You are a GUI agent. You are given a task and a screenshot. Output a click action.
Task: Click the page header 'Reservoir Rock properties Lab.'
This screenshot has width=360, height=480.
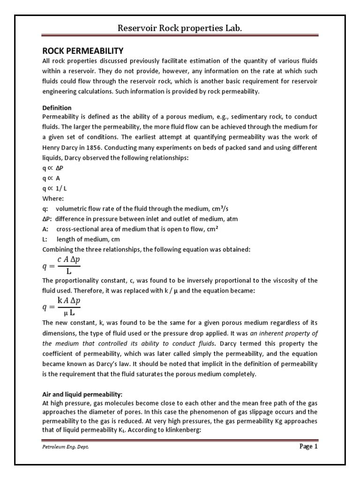pyautogui.click(x=180, y=29)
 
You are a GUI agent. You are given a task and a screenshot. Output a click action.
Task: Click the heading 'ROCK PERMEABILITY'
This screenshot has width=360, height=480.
pyautogui.click(x=83, y=51)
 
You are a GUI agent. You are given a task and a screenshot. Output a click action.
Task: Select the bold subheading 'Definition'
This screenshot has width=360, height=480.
pyautogui.click(x=57, y=108)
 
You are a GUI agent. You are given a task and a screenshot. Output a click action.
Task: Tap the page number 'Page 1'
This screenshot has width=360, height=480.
pyautogui.click(x=308, y=447)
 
